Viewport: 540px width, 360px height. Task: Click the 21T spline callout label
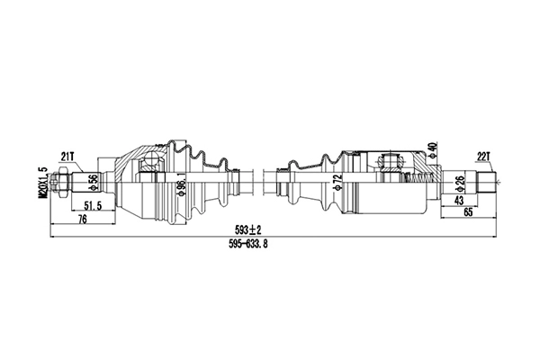click(67, 156)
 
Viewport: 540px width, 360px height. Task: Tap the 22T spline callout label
click(484, 156)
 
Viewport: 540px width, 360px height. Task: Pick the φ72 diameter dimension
click(338, 183)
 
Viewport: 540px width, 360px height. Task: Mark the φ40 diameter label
click(434, 148)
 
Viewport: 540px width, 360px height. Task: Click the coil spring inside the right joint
click(417, 183)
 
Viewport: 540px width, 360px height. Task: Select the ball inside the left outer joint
click(150, 162)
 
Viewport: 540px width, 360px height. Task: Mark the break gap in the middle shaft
click(262, 184)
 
